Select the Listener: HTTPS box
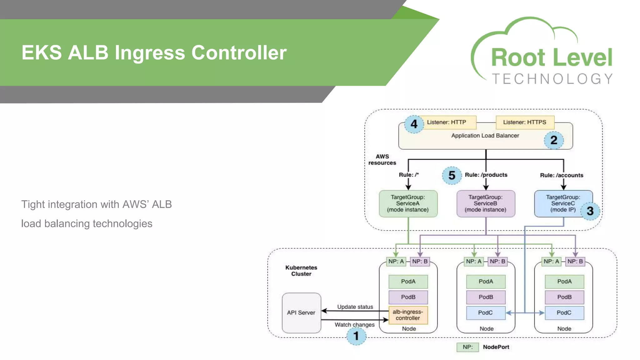pyautogui.click(x=525, y=122)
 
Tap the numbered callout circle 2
pyautogui.click(x=553, y=140)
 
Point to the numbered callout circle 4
pyautogui.click(x=414, y=124)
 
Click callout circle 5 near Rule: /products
pyautogui.click(x=452, y=175)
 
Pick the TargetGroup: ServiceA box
pyautogui.click(x=408, y=203)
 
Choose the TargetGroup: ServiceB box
pyautogui.click(x=485, y=203)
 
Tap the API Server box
pyautogui.click(x=301, y=312)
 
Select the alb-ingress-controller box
pyautogui.click(x=408, y=315)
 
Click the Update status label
pyautogui.click(x=355, y=307)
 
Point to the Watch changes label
pyautogui.click(x=354, y=325)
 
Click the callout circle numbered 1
pyautogui.click(x=356, y=336)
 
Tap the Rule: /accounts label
pyautogui.click(x=562, y=175)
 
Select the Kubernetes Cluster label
pyautogui.click(x=301, y=271)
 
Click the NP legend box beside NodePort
pyautogui.click(x=467, y=347)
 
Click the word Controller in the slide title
pyautogui.click(x=239, y=52)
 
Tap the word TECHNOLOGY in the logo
pyautogui.click(x=552, y=79)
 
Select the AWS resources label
pyautogui.click(x=382, y=160)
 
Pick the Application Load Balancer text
pyautogui.click(x=485, y=136)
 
